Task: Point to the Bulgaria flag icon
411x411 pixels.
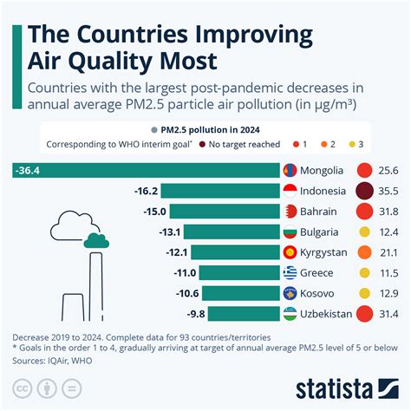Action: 294,232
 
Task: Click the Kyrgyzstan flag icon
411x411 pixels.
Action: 294,252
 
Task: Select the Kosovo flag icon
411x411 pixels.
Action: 294,293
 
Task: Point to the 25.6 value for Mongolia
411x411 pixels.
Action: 391,171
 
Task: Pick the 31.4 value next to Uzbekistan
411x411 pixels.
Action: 391,313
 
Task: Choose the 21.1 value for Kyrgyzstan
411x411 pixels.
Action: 391,252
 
